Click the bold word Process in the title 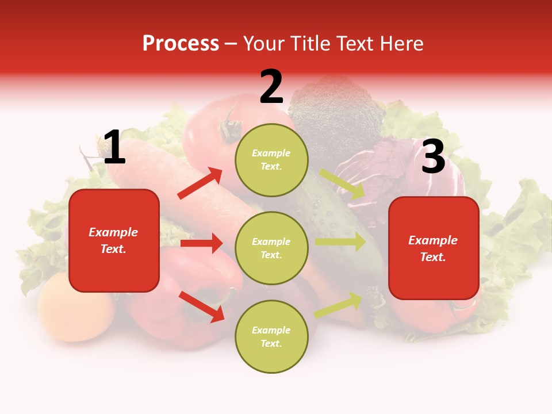coord(181,43)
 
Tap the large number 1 coord(114,148)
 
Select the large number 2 coord(271,87)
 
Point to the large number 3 coord(433,157)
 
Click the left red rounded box coord(114,240)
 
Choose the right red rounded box coord(434,248)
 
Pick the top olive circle coord(271,160)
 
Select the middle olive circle coord(271,248)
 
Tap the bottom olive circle coord(271,336)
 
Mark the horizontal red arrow coord(201,243)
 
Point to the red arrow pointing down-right coord(201,306)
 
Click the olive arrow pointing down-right coord(343,185)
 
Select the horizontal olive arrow coord(340,241)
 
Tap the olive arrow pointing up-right coord(339,305)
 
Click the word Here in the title coord(400,43)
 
